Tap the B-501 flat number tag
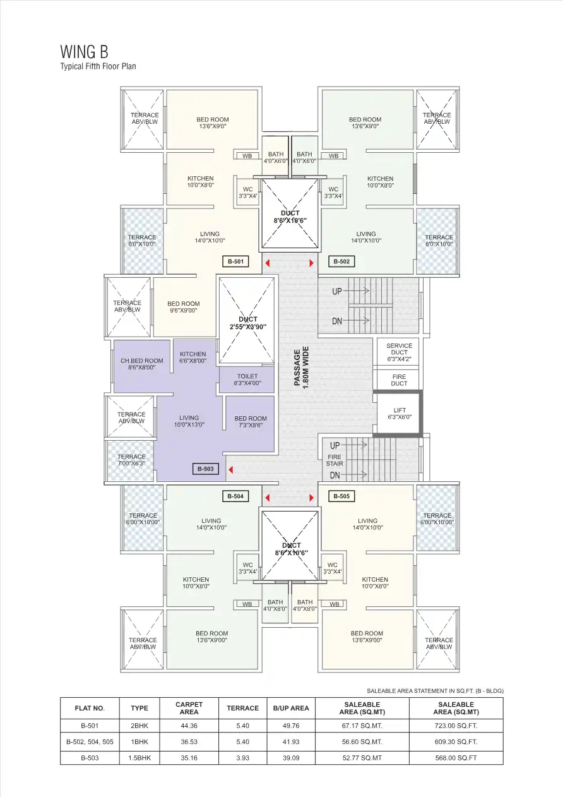click(x=235, y=261)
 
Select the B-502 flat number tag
click(x=341, y=261)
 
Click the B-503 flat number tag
click(x=206, y=469)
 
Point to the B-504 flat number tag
click(x=234, y=496)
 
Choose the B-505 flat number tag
click(x=341, y=496)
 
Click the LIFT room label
click(x=400, y=414)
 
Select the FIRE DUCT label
click(x=399, y=380)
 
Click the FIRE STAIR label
click(x=335, y=460)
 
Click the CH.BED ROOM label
click(x=141, y=364)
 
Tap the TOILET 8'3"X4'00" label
click(x=247, y=379)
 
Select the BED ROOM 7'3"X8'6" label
click(x=251, y=421)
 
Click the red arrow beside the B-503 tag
click(x=231, y=469)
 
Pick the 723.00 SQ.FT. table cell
click(x=456, y=726)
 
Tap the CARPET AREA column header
click(x=189, y=708)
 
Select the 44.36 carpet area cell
click(x=189, y=726)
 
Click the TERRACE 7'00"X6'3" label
click(x=131, y=460)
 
